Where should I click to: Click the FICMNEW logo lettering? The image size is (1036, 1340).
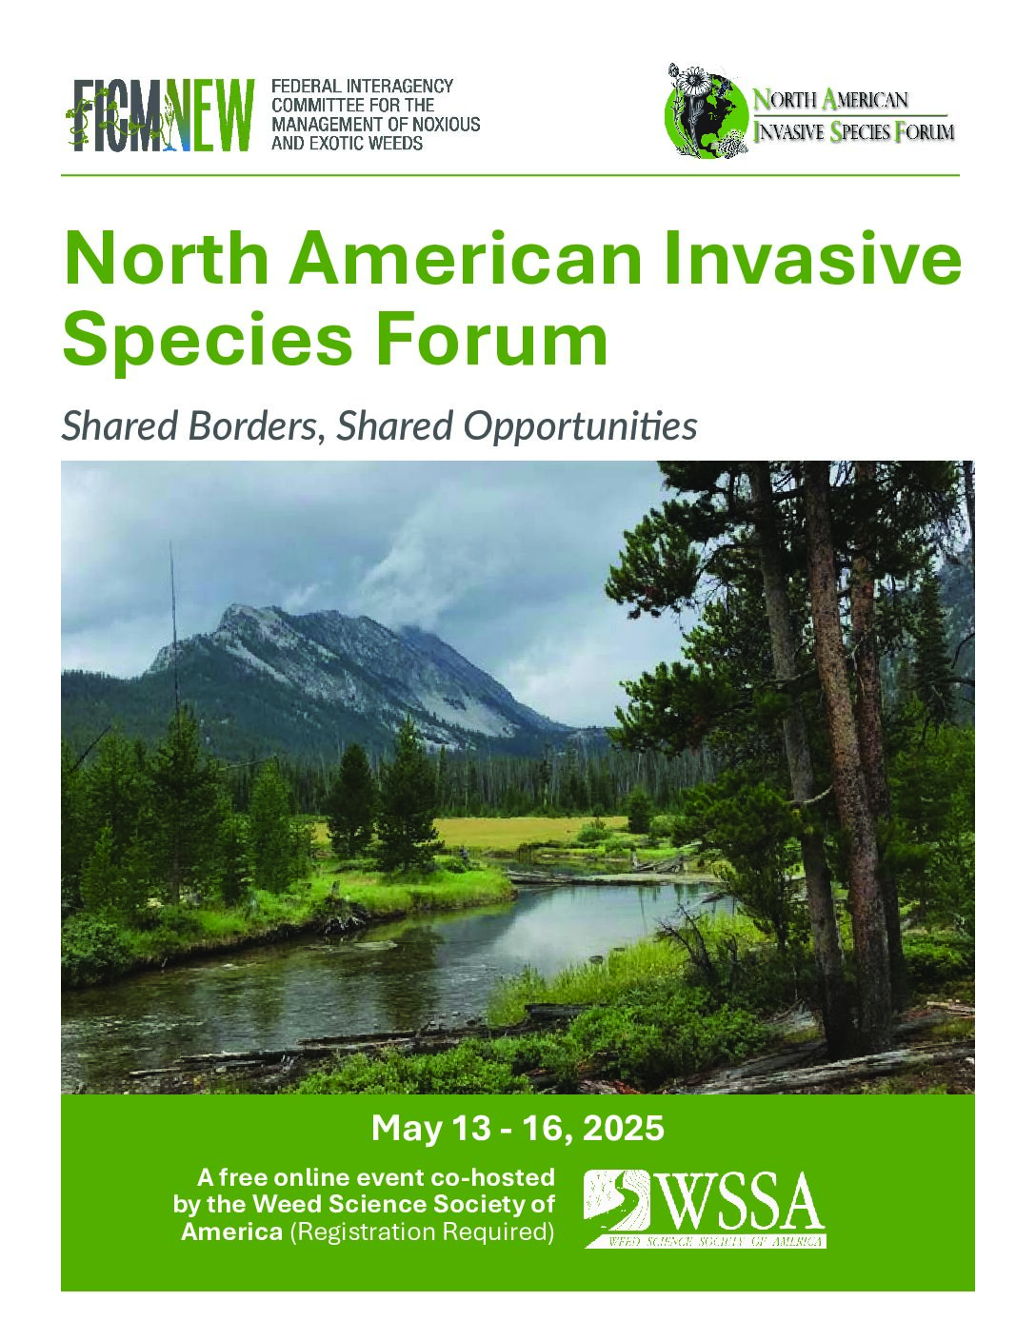[160, 115]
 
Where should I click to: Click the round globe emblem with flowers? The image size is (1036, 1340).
[707, 110]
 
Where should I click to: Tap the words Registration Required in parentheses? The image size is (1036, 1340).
[418, 1232]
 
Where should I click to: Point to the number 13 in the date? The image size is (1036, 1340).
[474, 1129]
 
